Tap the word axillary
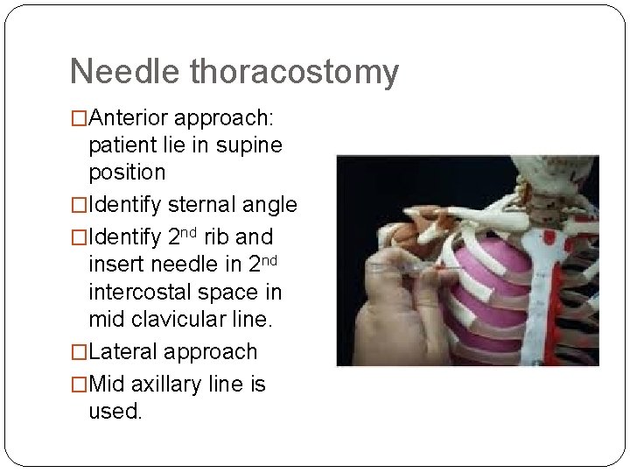(172, 385)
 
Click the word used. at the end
(115, 411)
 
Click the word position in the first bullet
(127, 173)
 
